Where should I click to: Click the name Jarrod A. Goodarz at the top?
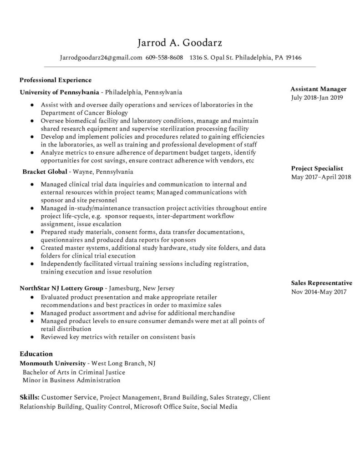[180, 43]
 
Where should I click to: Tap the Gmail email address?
[101, 58]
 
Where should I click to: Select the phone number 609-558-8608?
[164, 58]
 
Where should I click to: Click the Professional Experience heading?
[56, 80]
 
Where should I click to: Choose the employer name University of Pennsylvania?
[59, 92]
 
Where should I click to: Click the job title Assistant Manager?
[319, 89]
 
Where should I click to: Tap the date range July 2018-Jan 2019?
[317, 97]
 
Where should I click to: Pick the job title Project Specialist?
[317, 168]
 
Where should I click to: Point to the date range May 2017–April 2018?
[321, 177]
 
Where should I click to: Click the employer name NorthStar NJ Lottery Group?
[61, 288]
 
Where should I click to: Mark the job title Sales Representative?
[321, 283]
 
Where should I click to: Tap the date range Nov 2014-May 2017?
[319, 292]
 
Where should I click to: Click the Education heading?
[36, 354]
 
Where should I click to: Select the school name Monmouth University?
[52, 364]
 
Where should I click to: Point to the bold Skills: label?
[30, 397]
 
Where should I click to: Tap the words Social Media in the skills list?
[219, 406]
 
